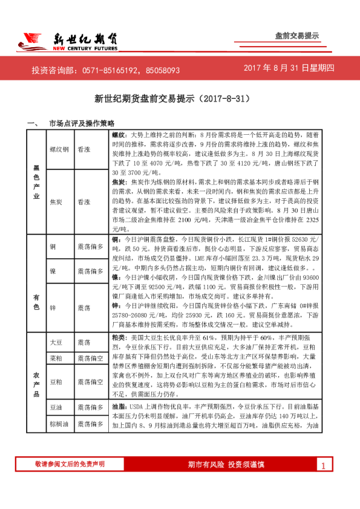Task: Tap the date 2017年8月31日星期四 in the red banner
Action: [x=289, y=69]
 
